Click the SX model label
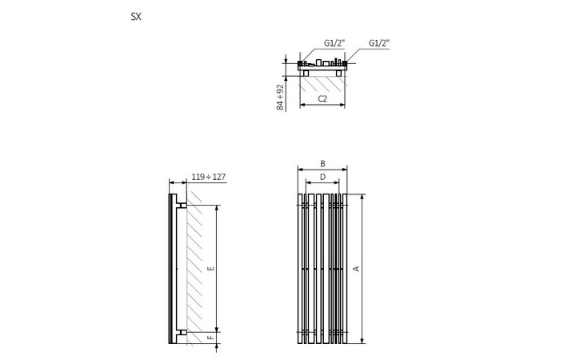(x=136, y=15)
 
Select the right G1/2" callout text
(x=379, y=42)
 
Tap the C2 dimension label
(x=322, y=99)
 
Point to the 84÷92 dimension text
(x=281, y=96)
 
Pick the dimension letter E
(x=210, y=269)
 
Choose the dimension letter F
(x=210, y=339)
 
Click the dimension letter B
(x=322, y=163)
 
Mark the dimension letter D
(x=322, y=177)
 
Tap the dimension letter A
(x=356, y=269)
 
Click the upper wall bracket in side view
(x=183, y=206)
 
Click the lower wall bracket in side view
(x=183, y=332)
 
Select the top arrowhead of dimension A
(x=362, y=197)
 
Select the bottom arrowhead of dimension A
(x=362, y=341)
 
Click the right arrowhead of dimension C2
(x=342, y=105)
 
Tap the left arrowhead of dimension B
(x=301, y=169)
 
